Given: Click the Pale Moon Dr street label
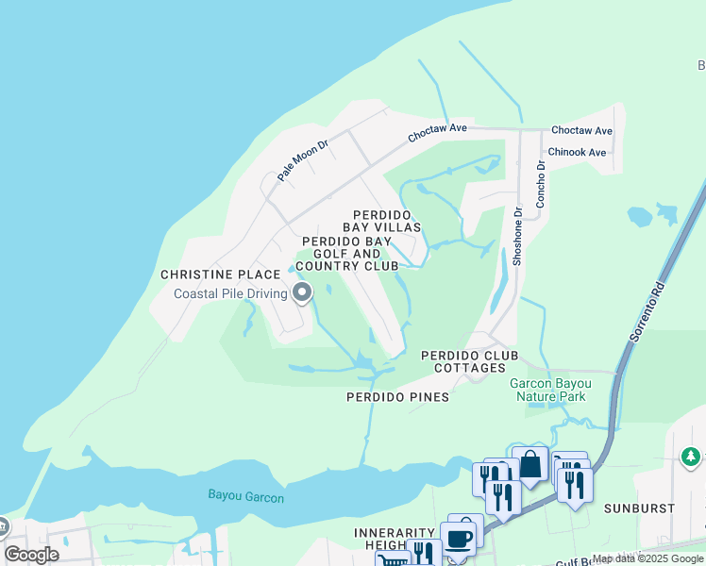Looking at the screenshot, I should click(x=302, y=160).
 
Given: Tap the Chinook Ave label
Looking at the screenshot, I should click(x=579, y=152).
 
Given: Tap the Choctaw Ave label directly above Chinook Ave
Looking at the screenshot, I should click(x=581, y=130).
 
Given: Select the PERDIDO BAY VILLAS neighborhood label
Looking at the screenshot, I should click(x=386, y=222).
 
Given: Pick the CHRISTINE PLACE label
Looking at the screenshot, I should click(x=220, y=275).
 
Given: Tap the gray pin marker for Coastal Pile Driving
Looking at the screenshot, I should click(x=302, y=293).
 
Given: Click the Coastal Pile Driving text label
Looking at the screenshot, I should click(x=230, y=293).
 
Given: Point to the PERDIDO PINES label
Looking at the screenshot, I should click(x=396, y=397).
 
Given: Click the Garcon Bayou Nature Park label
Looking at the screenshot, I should click(x=550, y=390).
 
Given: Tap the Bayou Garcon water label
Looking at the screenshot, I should click(x=245, y=497).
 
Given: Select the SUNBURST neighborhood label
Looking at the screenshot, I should click(x=643, y=508).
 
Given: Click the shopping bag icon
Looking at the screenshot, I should click(x=530, y=464).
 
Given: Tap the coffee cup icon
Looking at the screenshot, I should click(x=460, y=539).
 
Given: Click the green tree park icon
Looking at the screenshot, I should click(x=691, y=457).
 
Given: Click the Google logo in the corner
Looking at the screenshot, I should click(x=31, y=555).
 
